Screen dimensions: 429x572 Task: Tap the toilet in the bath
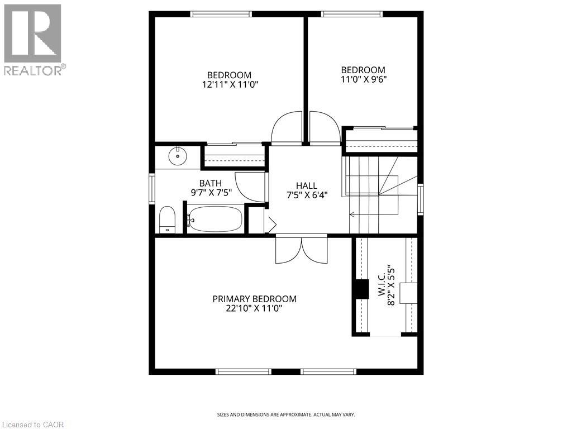coord(168,220)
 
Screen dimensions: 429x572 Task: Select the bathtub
coord(215,220)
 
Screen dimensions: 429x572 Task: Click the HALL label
coord(306,185)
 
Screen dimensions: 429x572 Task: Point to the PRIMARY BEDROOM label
coord(254,299)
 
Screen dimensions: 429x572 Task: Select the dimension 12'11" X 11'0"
coord(229,84)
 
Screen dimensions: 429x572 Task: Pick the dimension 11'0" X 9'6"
coord(364,79)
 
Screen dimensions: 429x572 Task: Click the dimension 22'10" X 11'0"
coord(254,308)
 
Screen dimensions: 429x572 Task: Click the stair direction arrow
coord(352,214)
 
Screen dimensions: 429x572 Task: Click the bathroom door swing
coord(250,187)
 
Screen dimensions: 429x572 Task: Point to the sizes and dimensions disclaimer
coord(285,414)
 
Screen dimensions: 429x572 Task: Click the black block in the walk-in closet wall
coord(363,288)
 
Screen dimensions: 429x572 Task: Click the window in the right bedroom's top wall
coord(351,14)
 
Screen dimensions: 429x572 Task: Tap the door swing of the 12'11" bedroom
coord(287,128)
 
